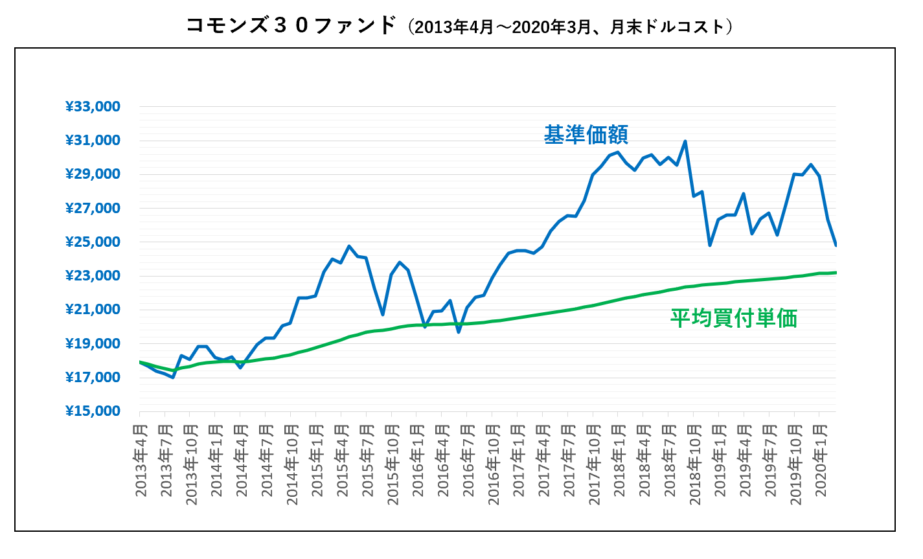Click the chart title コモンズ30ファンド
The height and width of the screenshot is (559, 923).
pyautogui.click(x=290, y=26)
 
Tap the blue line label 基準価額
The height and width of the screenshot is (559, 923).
pyautogui.click(x=586, y=135)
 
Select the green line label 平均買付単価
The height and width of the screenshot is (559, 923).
pyautogui.click(x=733, y=318)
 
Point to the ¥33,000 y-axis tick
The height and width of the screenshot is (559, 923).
pyautogui.click(x=93, y=107)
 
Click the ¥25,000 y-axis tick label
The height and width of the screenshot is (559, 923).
pyautogui.click(x=93, y=242)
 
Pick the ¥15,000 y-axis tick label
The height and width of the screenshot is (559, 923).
pyautogui.click(x=93, y=411)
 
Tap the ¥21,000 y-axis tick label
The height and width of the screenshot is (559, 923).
pyautogui.click(x=93, y=310)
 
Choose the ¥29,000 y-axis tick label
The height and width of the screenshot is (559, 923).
pyautogui.click(x=93, y=174)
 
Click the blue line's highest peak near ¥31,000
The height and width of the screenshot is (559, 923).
pyautogui.click(x=685, y=141)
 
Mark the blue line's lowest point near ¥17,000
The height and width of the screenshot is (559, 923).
pyautogui.click(x=173, y=377)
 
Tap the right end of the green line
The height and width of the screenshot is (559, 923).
pyautogui.click(x=836, y=273)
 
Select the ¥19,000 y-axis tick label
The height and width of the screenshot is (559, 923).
pyautogui.click(x=93, y=343)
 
